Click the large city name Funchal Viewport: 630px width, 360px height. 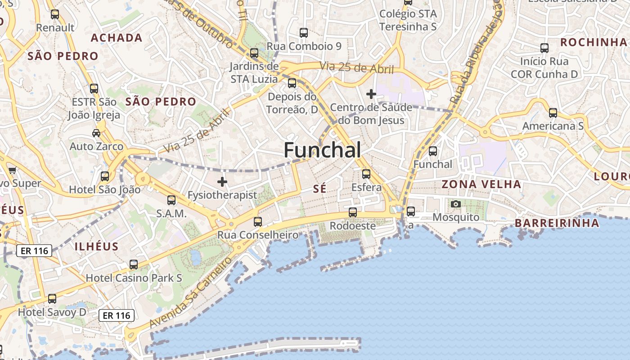coord(322,150)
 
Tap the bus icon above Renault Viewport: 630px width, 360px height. coord(55,14)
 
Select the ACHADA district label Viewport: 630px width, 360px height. coord(117,38)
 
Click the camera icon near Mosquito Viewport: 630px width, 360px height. coord(456,204)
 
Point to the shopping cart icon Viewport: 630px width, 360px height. coord(12,170)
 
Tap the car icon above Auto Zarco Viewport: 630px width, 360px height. coord(96,133)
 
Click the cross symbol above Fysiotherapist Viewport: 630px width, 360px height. coord(222,182)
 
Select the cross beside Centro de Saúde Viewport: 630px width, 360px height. coord(371,94)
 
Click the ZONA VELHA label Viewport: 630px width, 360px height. coord(481,184)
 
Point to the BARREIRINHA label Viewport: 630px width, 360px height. coord(557,223)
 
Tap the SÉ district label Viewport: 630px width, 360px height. coord(319,189)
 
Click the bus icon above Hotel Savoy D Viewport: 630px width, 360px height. coord(52,299)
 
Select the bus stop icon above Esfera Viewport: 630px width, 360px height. coord(366,174)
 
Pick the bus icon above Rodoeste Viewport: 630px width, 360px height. coord(353,212)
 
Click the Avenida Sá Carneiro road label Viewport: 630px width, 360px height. coord(191,293)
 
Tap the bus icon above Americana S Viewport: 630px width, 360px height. coord(553,113)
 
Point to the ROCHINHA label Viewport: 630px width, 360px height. coord(593,42)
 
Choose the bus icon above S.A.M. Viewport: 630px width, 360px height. coord(171,200)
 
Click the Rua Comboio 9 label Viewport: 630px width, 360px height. coord(304,46)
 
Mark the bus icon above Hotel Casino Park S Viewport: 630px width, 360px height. coord(134,265)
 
